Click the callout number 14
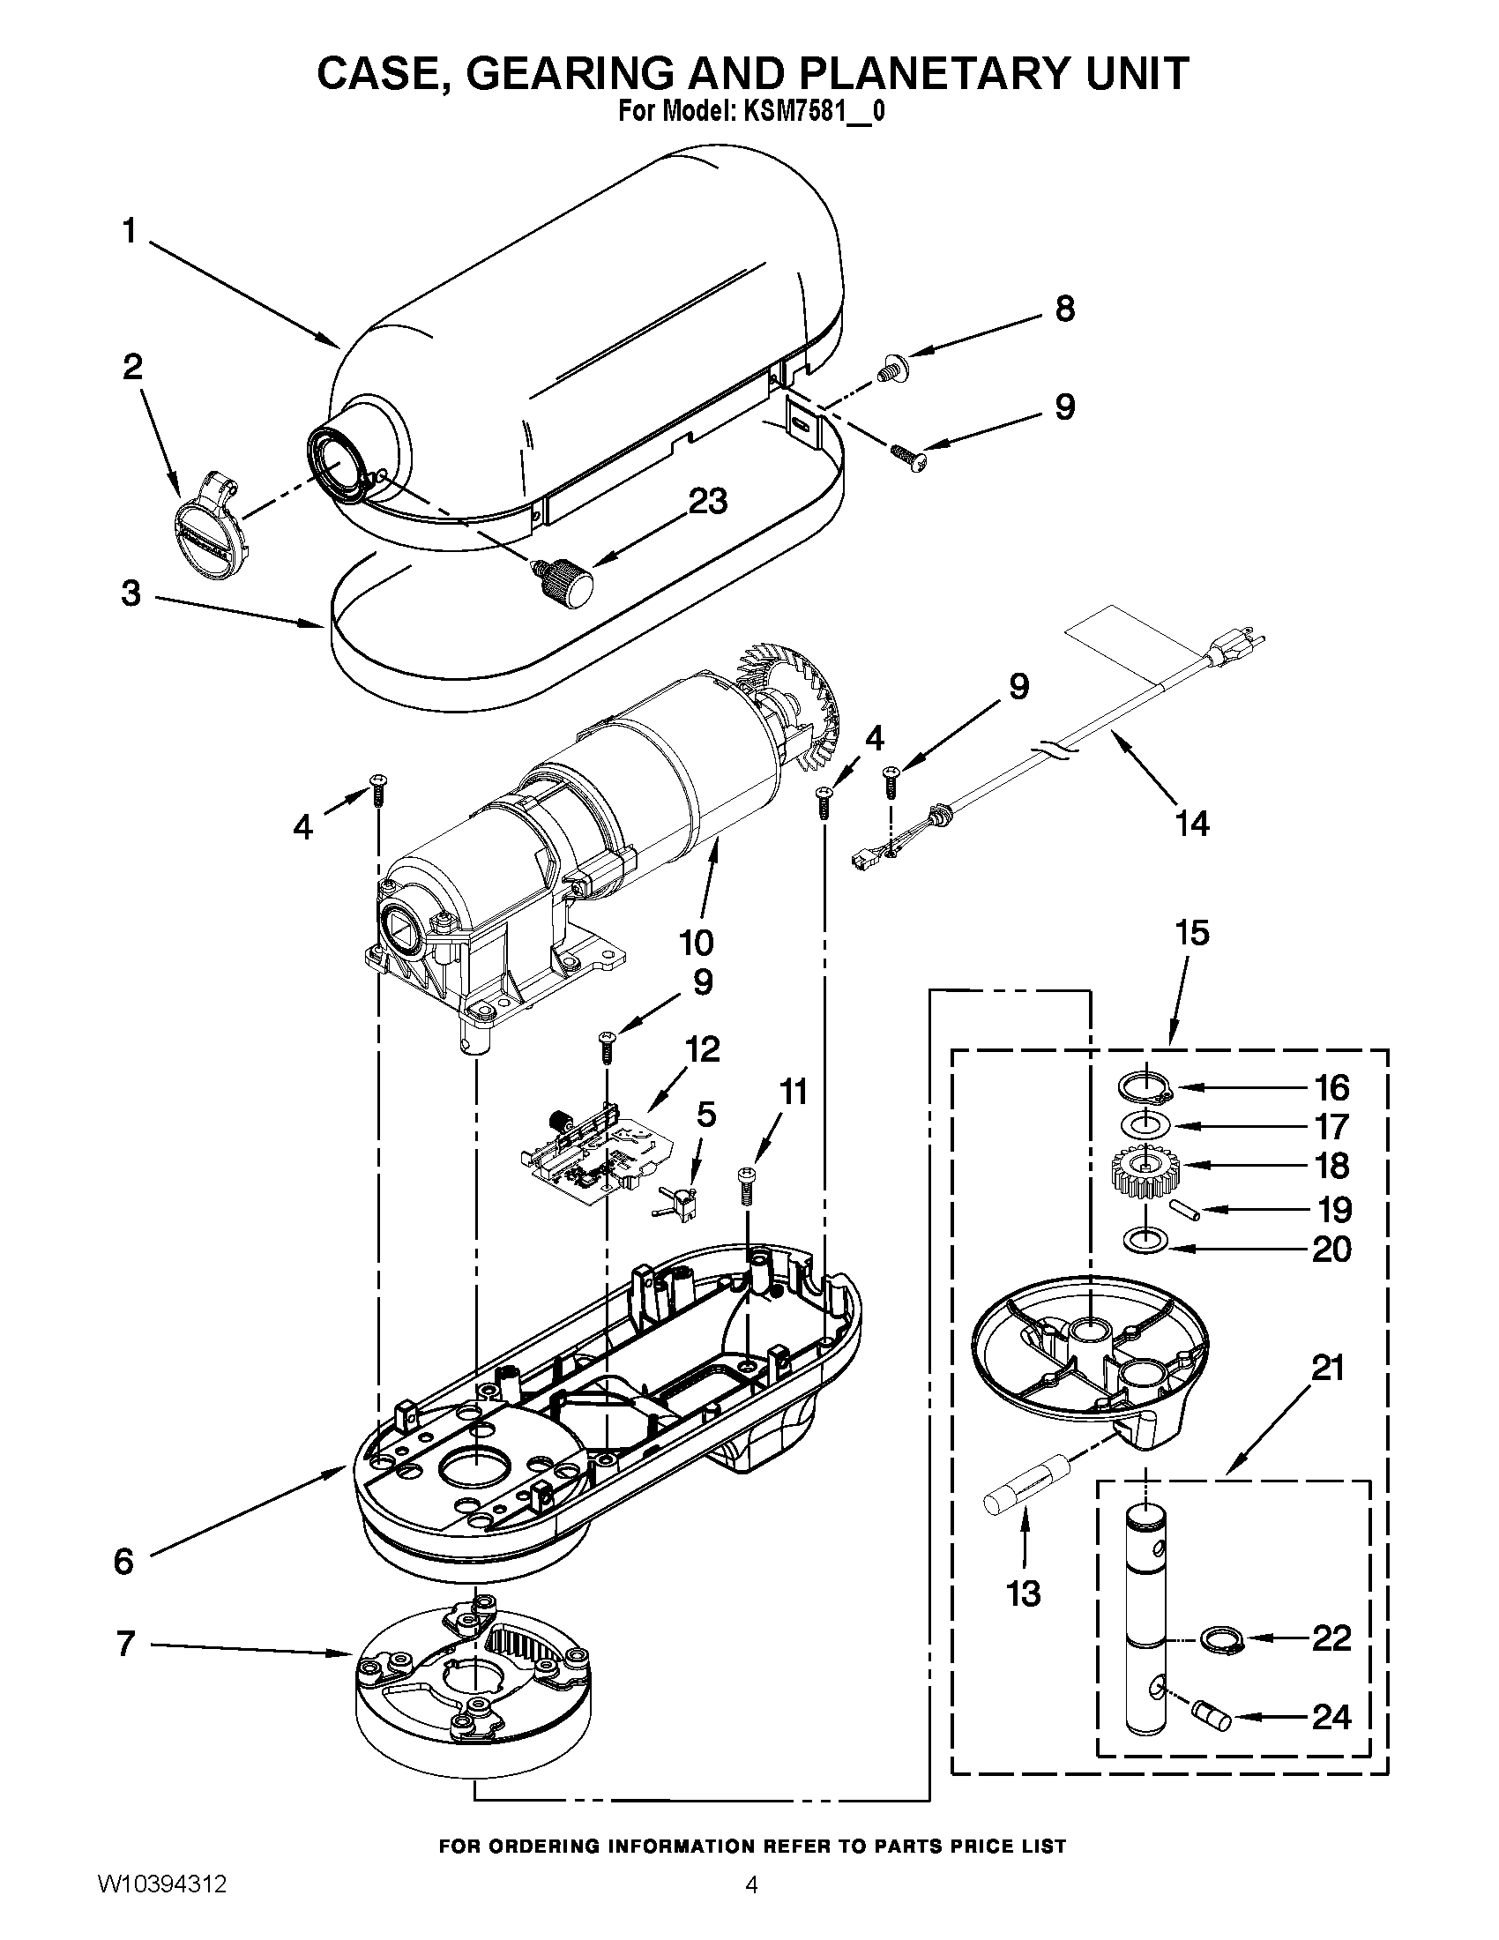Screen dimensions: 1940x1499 [x=1192, y=824]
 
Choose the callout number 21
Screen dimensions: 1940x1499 [x=1329, y=1369]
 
